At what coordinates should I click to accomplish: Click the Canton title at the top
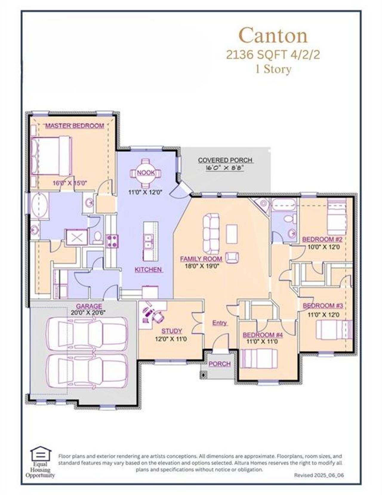(273, 36)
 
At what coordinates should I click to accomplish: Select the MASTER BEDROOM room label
(75, 126)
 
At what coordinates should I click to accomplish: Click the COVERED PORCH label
(225, 160)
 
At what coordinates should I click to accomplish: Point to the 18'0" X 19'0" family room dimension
(202, 266)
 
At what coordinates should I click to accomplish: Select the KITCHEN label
(148, 270)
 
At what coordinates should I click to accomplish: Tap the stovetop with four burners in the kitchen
(112, 241)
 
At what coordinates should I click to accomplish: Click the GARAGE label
(89, 306)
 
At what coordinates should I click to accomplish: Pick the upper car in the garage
(87, 333)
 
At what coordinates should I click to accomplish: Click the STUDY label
(172, 331)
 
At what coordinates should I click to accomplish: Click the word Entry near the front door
(220, 323)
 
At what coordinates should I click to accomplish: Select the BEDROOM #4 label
(263, 335)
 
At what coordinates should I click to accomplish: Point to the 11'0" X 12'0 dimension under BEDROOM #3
(324, 315)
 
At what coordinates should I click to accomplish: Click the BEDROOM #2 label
(322, 239)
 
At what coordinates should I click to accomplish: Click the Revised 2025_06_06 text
(319, 475)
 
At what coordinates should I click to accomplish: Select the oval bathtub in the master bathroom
(40, 206)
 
